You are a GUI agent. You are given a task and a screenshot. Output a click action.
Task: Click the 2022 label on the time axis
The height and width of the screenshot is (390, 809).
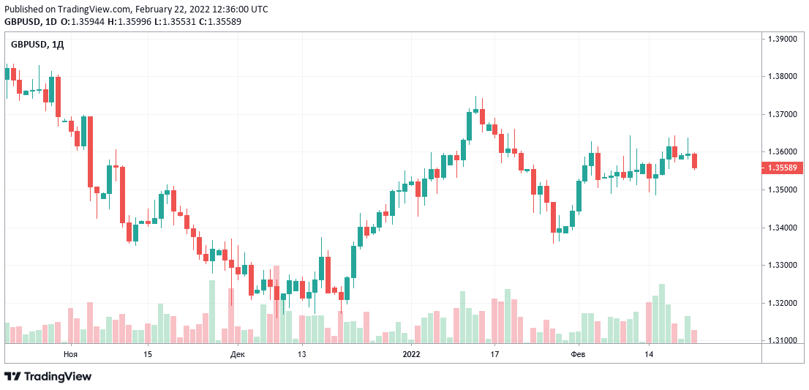pyautogui.click(x=412, y=354)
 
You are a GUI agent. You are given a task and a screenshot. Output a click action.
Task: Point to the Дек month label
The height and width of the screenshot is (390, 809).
pyautogui.click(x=238, y=354)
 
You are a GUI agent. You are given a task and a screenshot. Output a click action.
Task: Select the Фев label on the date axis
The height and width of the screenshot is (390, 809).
pyautogui.click(x=578, y=354)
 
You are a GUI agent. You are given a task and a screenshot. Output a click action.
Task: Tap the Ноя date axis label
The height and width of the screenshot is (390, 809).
pyautogui.click(x=70, y=354)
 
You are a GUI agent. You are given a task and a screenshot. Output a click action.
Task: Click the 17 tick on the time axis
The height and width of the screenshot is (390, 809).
pyautogui.click(x=494, y=354)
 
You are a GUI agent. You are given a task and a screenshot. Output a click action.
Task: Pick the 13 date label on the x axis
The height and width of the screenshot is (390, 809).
pyautogui.click(x=301, y=354)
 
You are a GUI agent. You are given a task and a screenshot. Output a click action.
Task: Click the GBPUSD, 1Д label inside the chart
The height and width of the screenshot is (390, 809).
pyautogui.click(x=37, y=45)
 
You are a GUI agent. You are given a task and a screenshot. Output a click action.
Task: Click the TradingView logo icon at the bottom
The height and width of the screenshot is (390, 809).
pyautogui.click(x=13, y=376)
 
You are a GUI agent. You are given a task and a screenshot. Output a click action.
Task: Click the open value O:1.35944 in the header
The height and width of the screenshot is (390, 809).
pyautogui.click(x=83, y=21)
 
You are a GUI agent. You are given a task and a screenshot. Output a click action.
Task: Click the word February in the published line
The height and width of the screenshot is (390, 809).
pyautogui.click(x=157, y=10)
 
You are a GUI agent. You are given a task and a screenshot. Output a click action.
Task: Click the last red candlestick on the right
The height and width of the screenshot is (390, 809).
pyautogui.click(x=694, y=161)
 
